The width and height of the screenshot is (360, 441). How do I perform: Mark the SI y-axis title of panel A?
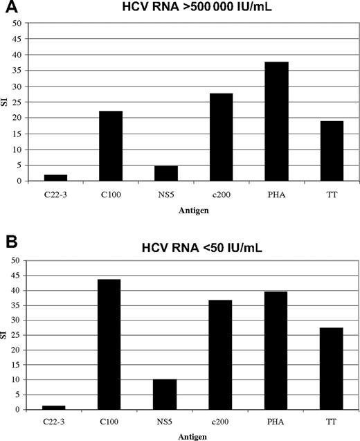click(6, 102)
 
